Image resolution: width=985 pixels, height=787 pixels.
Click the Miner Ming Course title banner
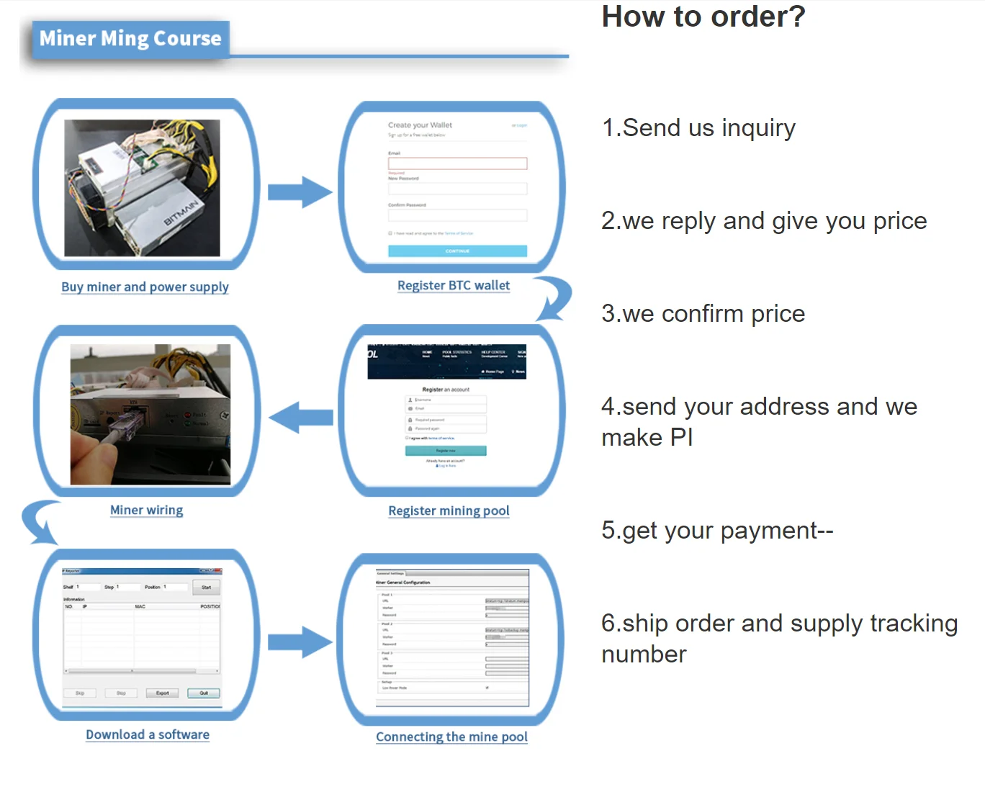pyautogui.click(x=130, y=39)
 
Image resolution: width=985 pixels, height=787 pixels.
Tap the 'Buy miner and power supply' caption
pyautogui.click(x=145, y=287)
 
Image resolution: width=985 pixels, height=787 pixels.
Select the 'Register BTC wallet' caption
pyautogui.click(x=454, y=285)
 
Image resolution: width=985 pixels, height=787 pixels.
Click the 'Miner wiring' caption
pyautogui.click(x=146, y=510)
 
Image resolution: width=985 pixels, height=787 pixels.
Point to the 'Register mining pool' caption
pyautogui.click(x=449, y=511)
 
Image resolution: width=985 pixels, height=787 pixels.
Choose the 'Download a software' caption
pyautogui.click(x=148, y=734)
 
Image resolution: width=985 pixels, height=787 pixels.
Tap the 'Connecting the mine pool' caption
pyautogui.click(x=451, y=737)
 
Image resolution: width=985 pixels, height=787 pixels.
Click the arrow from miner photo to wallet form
pyautogui.click(x=300, y=192)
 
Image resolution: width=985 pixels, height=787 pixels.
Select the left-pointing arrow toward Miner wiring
pyautogui.click(x=301, y=417)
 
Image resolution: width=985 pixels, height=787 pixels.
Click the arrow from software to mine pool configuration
pyautogui.click(x=300, y=642)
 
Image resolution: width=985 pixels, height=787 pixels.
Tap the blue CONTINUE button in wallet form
pyautogui.click(x=457, y=251)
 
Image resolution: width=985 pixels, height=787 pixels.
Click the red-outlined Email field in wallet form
pyautogui.click(x=457, y=163)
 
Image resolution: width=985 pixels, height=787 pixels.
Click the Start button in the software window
pyautogui.click(x=207, y=588)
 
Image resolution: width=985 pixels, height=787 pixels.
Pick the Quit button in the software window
pyautogui.click(x=204, y=693)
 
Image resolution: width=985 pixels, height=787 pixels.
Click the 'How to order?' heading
pyautogui.click(x=703, y=17)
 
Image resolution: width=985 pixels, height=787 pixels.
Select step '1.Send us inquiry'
pyautogui.click(x=698, y=128)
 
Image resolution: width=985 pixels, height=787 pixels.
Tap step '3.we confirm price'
pyautogui.click(x=703, y=314)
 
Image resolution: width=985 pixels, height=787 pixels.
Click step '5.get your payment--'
pyautogui.click(x=717, y=531)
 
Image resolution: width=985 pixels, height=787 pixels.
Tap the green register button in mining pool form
pyautogui.click(x=446, y=451)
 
